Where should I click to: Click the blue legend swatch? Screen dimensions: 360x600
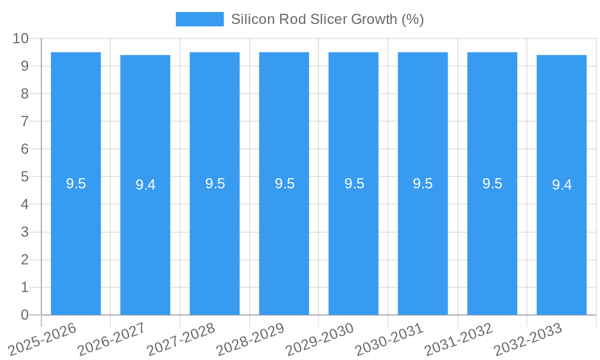[x=199, y=19]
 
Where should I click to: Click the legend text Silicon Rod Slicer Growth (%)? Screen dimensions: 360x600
[x=328, y=19]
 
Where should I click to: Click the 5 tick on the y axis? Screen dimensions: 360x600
[x=25, y=177]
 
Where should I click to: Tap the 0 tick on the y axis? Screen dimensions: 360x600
[x=25, y=315]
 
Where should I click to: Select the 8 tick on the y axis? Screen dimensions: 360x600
[x=25, y=94]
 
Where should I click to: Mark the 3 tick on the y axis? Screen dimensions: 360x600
[x=25, y=232]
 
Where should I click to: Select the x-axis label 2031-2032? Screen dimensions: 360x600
[x=458, y=340]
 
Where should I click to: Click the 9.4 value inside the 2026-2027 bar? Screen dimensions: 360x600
[x=145, y=185]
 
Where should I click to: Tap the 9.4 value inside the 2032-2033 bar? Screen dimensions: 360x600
[x=562, y=185]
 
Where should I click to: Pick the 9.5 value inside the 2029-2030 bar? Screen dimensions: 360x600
[x=354, y=184]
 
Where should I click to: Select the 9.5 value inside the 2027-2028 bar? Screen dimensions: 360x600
[x=215, y=184]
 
